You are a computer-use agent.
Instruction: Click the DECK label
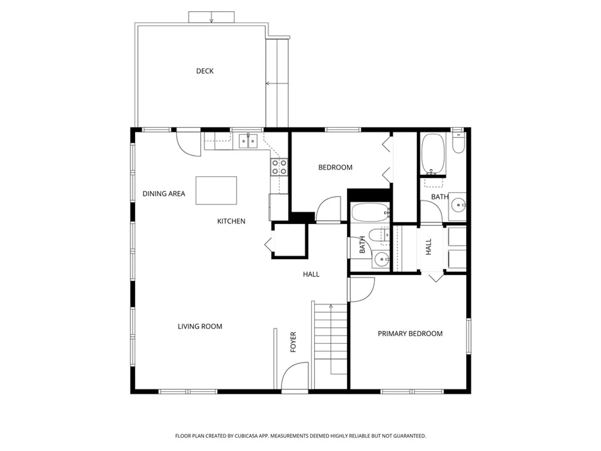[x=205, y=71]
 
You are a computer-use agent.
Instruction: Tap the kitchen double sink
[x=248, y=141]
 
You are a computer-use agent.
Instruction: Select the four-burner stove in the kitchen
[x=279, y=167]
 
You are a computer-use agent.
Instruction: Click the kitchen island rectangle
[x=216, y=190]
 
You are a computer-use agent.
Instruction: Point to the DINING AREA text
[x=164, y=194]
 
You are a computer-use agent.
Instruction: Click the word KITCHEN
[x=231, y=221]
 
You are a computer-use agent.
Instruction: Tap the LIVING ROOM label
[x=200, y=327]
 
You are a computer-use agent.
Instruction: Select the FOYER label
[x=293, y=342]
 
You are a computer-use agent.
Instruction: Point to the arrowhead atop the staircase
[x=331, y=306]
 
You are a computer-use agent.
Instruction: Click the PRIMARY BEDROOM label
[x=410, y=334]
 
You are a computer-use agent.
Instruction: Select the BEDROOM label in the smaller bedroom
[x=335, y=167]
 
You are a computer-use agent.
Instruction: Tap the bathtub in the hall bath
[x=370, y=213]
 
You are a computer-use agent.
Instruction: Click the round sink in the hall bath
[x=381, y=259]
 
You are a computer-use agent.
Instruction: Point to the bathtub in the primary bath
[x=433, y=154]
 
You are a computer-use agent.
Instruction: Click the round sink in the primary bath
[x=458, y=205]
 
